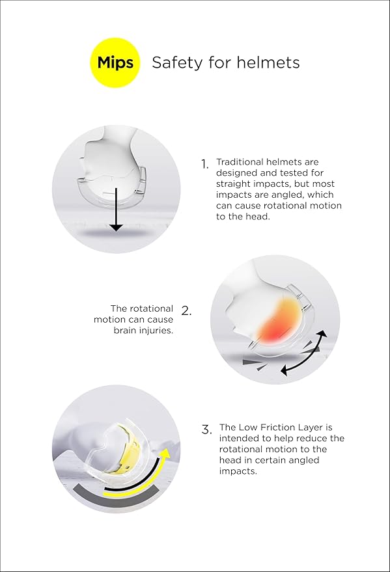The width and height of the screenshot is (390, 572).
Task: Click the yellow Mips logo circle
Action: coord(115,62)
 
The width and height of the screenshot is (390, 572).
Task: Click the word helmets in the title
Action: coord(268,62)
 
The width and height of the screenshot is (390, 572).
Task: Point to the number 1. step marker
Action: coord(204,165)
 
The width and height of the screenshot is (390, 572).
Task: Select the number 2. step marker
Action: coord(186,311)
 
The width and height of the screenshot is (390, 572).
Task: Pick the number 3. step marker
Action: coord(206,429)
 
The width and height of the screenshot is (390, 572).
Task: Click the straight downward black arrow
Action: coord(117,209)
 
